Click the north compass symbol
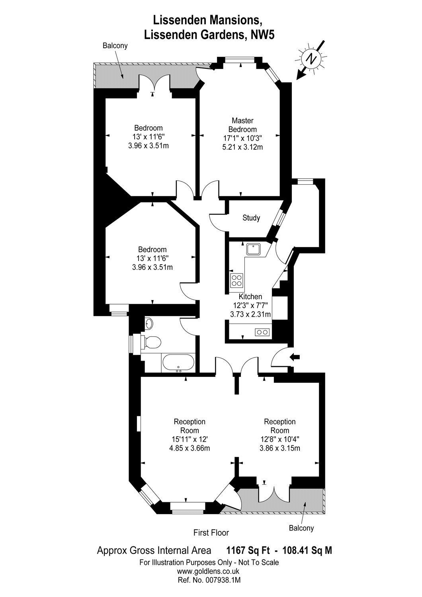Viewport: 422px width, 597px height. [x=311, y=59]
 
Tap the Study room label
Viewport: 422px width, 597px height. [x=251, y=218]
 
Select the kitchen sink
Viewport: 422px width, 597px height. [x=253, y=249]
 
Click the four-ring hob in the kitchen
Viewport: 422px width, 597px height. [x=236, y=280]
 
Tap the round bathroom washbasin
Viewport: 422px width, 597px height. [x=149, y=324]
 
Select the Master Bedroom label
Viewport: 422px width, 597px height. [x=242, y=125]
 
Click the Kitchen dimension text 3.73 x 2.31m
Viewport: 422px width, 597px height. [x=250, y=314]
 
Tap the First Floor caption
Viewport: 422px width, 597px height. [x=211, y=533]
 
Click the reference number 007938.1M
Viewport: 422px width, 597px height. [x=221, y=580]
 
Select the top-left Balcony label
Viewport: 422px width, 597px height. [x=115, y=45]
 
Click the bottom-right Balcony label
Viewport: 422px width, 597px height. [x=301, y=528]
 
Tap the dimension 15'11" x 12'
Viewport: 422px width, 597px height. [x=190, y=439]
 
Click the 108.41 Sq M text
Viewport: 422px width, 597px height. [x=307, y=550]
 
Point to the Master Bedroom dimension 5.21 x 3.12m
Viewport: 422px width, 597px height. [x=242, y=147]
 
